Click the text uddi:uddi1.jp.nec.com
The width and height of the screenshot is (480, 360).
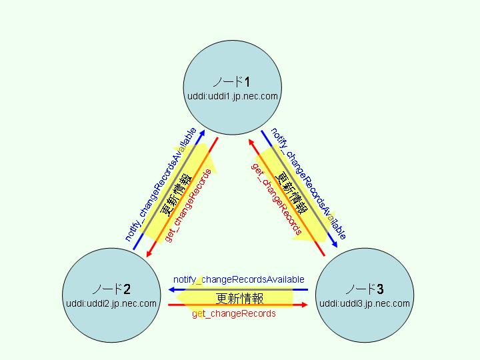click(x=232, y=96)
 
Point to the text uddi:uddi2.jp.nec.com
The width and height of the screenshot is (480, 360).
click(x=111, y=303)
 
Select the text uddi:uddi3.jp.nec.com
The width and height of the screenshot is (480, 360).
click(x=365, y=303)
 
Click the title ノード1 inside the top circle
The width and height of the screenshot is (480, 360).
click(x=231, y=82)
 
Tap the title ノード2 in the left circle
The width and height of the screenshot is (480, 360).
click(x=111, y=289)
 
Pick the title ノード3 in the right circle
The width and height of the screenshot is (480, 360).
click(x=365, y=289)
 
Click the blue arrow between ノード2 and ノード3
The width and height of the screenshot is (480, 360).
click(x=238, y=289)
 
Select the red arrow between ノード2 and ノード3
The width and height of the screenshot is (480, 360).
click(x=238, y=305)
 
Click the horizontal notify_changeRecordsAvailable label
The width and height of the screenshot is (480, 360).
click(x=239, y=279)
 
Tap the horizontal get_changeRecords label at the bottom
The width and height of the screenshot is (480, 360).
click(x=234, y=313)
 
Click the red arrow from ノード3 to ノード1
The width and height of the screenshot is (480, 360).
click(x=286, y=197)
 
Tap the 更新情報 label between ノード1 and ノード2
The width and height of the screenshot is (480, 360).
click(x=176, y=193)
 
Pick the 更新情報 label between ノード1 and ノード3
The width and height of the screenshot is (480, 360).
click(x=292, y=193)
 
